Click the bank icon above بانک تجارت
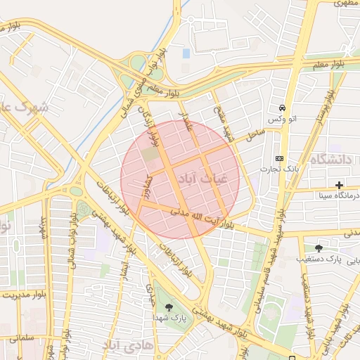(280, 158)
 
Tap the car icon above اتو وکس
(281, 108)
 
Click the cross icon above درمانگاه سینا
(340, 184)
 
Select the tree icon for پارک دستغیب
(319, 247)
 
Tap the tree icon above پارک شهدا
(168, 307)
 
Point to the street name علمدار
(186, 115)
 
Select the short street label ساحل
(255, 131)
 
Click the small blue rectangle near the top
(186, 53)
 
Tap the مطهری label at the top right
(345, 4)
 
